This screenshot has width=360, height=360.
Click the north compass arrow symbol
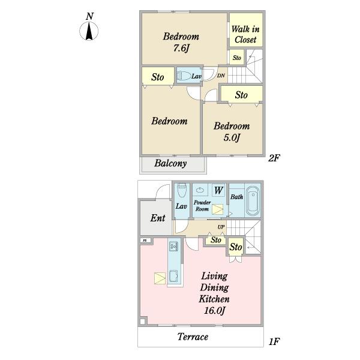pos(89,31)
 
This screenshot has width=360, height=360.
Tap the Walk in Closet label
pos(245,34)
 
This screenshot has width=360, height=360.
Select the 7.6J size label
pos(181,49)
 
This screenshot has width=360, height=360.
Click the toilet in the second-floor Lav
pos(184,76)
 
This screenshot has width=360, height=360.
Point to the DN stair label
pos(221,76)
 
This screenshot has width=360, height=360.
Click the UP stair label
pos(221,227)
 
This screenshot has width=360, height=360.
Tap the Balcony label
pos(170,163)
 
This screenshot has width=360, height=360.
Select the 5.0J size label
pos(232,138)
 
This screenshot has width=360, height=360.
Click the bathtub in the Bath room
pos(253,201)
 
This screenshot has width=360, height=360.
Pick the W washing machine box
pos(218,190)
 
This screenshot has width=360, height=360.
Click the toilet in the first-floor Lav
pos(182,190)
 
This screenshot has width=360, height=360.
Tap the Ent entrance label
pos(158,218)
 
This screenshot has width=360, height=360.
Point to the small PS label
pos(145,241)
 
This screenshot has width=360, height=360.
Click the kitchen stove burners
pos(173,247)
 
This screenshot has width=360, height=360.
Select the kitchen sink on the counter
pos(173,276)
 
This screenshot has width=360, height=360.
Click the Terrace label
pos(193,337)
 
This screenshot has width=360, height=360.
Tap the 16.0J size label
pos(215,311)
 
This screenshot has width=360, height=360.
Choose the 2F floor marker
pos(274,158)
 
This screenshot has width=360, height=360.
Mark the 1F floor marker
pos(274,341)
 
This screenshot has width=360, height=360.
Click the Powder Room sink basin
pos(200,190)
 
